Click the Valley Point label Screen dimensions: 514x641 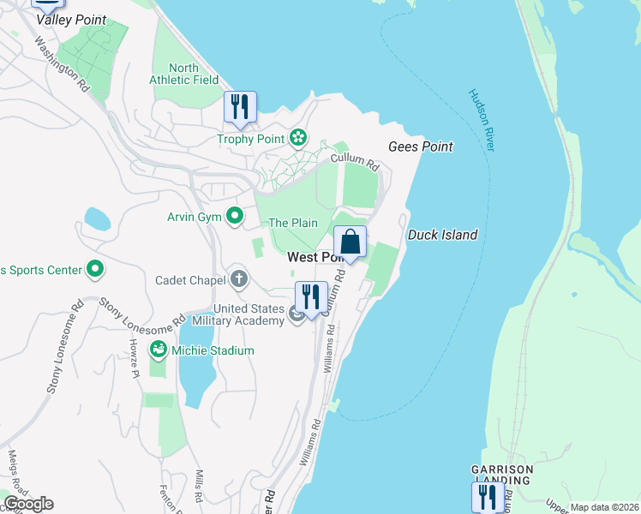(x=71, y=20)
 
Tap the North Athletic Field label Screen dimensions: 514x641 (x=184, y=74)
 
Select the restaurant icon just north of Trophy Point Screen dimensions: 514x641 (x=240, y=107)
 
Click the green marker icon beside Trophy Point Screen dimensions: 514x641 (x=298, y=137)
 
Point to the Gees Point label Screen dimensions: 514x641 (x=420, y=146)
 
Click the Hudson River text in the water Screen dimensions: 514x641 (x=482, y=120)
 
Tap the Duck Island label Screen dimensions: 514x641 (x=442, y=235)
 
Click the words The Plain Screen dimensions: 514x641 (x=293, y=223)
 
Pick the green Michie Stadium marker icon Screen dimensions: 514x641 (x=158, y=350)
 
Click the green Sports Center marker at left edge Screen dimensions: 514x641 (x=95, y=271)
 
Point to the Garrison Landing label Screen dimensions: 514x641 (x=502, y=475)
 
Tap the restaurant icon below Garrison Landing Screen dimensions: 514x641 (x=488, y=497)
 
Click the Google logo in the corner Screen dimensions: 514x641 (x=28, y=504)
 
